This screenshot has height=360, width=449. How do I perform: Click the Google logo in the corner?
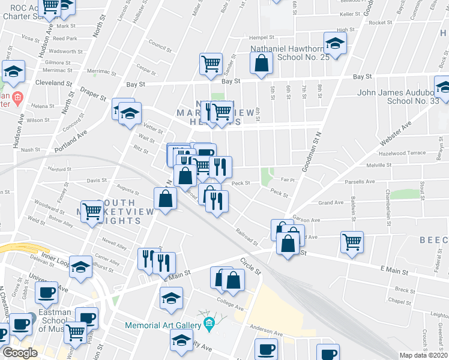[x=19, y=353]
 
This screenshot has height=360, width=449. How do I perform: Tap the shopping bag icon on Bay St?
[x=261, y=64]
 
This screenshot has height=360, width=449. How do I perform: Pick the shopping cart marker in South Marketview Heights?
[x=92, y=211]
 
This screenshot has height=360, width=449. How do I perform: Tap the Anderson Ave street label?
[x=266, y=332]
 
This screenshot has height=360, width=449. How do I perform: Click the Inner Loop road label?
[x=56, y=259]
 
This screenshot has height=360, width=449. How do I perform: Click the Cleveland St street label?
[x=49, y=83]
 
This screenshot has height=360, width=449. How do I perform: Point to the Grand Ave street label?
[x=331, y=203]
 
